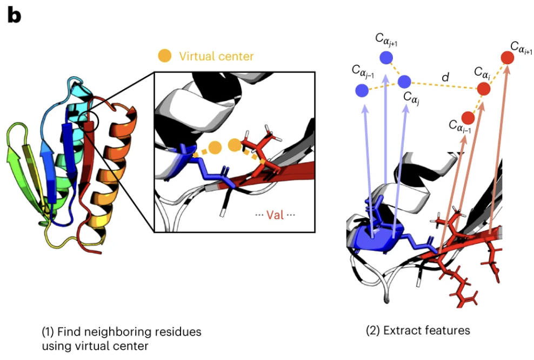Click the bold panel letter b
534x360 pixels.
tap(14, 16)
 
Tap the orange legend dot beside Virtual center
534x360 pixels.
tap(164, 55)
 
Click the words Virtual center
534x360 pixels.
tap(216, 56)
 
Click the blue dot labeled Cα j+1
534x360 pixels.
tap(386, 57)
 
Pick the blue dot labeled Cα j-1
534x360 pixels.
tap(362, 90)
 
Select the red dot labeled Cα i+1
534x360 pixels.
tap(507, 57)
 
